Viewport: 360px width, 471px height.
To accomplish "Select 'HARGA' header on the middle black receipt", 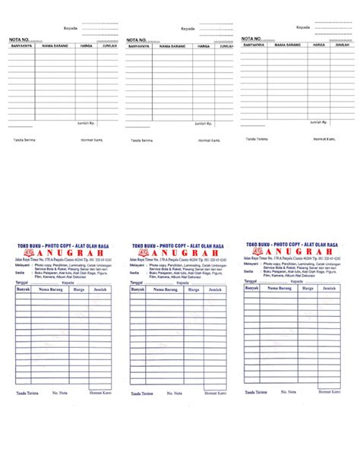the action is (x=203, y=46).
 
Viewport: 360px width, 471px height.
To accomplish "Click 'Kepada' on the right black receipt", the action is (x=302, y=27).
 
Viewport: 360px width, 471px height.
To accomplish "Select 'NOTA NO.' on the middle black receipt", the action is (x=137, y=40).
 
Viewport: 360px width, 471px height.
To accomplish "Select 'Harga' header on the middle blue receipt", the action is (x=194, y=289).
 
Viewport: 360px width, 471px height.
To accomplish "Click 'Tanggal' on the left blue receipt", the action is (x=22, y=282).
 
